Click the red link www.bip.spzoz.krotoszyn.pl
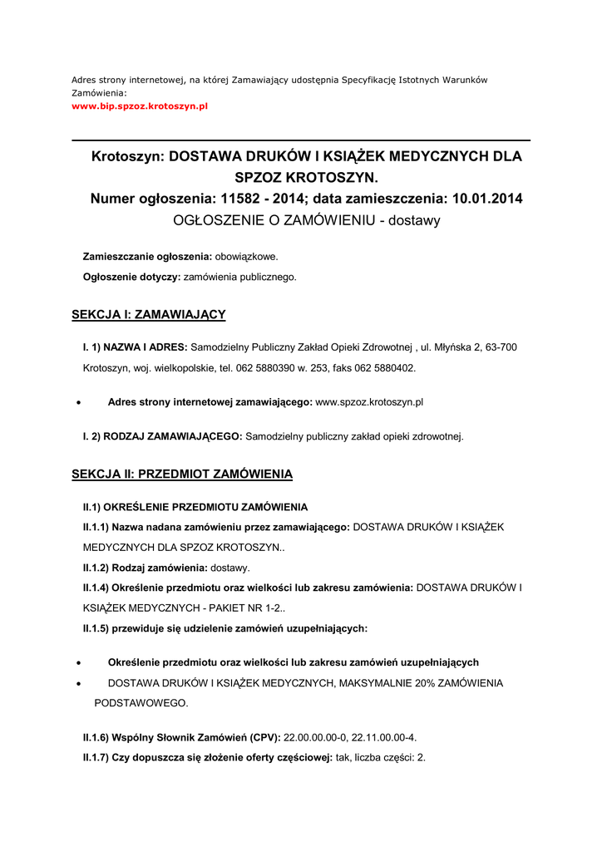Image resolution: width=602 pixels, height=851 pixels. [x=139, y=107]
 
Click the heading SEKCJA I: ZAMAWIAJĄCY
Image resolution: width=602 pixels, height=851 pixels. [x=149, y=314]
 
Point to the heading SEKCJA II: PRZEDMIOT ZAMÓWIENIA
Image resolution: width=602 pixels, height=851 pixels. [x=182, y=475]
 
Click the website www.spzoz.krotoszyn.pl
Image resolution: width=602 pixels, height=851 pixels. [x=370, y=402]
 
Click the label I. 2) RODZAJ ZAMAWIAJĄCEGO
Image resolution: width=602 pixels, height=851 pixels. [x=162, y=436]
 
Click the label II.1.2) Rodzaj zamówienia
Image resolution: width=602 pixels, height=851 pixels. [x=145, y=568]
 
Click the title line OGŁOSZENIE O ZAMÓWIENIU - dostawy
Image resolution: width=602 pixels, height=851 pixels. [x=306, y=221]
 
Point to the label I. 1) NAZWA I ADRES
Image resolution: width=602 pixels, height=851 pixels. [x=136, y=347]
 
